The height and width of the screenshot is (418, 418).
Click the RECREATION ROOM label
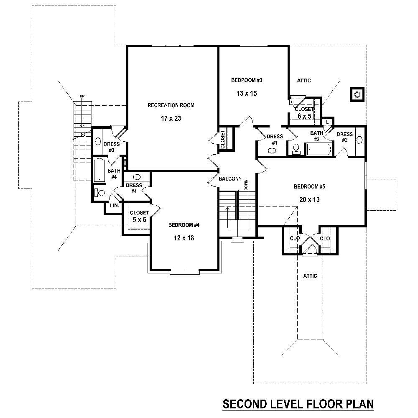point(171,105)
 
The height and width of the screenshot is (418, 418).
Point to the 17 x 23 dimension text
point(171,119)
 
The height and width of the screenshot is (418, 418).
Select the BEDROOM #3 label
point(247,80)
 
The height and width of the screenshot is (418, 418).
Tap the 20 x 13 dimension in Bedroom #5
point(309,200)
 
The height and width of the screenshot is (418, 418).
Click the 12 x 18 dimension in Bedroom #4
point(184,238)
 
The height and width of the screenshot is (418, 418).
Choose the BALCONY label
point(230,179)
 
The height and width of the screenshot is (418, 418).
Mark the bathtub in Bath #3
point(319,149)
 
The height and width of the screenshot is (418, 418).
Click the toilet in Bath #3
point(296,149)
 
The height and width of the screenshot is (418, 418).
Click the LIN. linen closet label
point(114,206)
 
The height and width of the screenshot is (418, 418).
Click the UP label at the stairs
point(82,97)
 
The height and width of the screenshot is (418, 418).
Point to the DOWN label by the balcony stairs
point(247,184)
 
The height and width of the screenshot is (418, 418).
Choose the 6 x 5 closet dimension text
point(304,117)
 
